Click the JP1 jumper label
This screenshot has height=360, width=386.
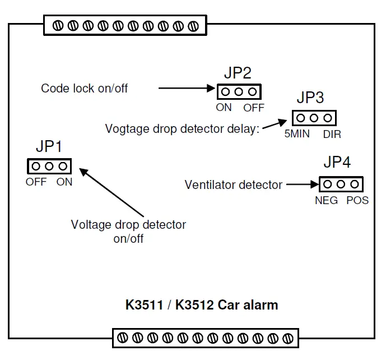(49, 146)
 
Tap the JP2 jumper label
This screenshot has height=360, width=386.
(238, 73)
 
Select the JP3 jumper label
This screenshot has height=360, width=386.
(310, 98)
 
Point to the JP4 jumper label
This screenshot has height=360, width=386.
(337, 162)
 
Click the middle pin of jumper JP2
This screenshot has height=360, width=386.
(239, 92)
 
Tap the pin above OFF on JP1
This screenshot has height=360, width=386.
(36, 167)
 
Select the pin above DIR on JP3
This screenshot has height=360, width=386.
(328, 118)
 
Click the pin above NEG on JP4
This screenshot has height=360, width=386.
(327, 184)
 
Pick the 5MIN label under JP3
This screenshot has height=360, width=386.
(297, 134)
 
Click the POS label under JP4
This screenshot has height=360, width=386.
(357, 200)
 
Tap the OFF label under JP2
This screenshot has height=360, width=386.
(254, 108)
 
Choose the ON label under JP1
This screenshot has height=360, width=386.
(64, 182)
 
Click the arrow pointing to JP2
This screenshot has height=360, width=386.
(187, 88)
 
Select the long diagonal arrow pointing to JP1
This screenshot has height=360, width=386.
(111, 192)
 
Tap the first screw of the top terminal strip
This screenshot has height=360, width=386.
(58, 26)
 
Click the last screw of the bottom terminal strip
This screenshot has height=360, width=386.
(288, 338)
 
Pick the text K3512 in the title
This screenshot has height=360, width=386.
(194, 305)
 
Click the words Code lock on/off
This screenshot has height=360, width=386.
(85, 88)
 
